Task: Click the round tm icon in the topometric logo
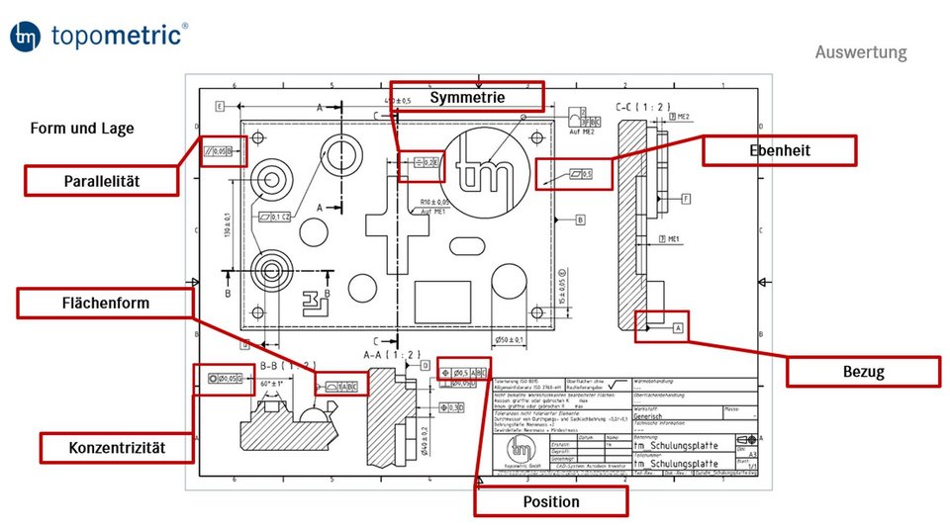[x=26, y=37]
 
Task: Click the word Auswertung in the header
[x=860, y=52]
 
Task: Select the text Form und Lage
[x=82, y=129]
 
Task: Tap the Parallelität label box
[x=102, y=180]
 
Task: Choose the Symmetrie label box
[x=467, y=96]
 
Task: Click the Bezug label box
[x=862, y=372]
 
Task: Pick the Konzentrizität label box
[x=116, y=448]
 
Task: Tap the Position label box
[x=550, y=501]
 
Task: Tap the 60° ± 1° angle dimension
[x=271, y=383]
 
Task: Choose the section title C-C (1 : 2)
[x=640, y=106]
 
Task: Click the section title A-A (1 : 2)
[x=392, y=354]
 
